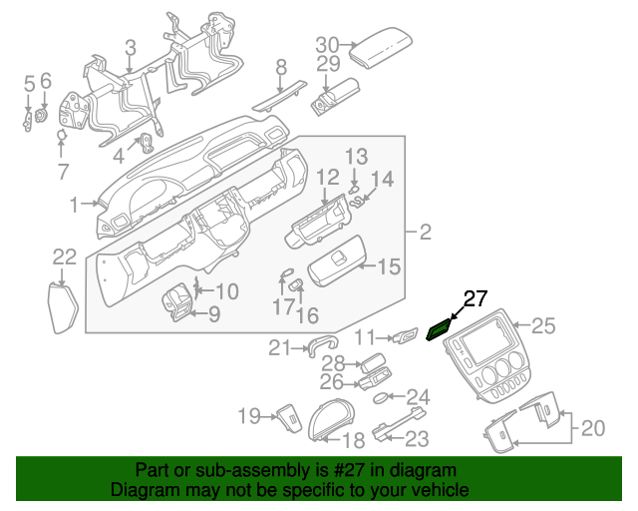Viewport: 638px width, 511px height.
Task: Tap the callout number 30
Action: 328,44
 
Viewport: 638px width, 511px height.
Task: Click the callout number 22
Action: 64,256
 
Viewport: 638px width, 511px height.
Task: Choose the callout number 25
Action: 541,324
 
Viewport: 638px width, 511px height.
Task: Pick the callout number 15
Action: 388,266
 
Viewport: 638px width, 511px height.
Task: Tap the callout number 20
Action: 593,428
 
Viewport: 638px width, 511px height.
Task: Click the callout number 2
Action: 425,233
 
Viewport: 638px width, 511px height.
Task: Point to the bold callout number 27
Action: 476,297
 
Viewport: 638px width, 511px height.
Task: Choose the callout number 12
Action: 328,178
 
